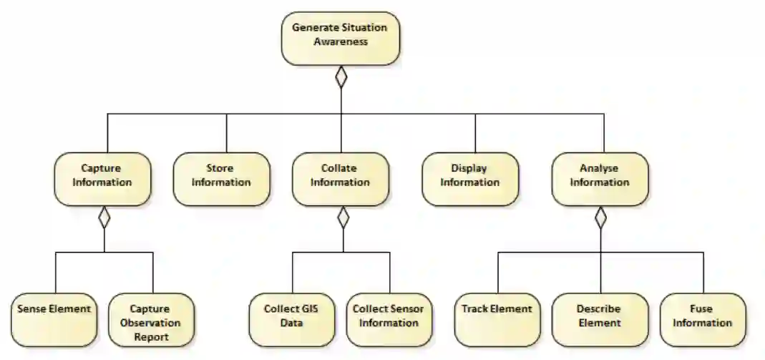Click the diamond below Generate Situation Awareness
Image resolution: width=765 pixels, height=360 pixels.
point(341,77)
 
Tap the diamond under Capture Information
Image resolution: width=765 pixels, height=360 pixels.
point(104,217)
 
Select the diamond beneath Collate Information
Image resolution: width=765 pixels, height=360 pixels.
point(343,217)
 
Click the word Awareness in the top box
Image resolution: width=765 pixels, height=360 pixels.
point(340,42)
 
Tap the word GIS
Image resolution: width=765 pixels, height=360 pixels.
point(310,309)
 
